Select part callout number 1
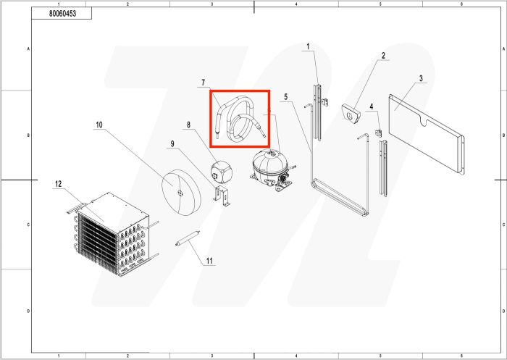pyautogui.click(x=308, y=47)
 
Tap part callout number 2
pyautogui.click(x=383, y=56)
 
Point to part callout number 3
pyautogui.click(x=421, y=78)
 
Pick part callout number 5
pyautogui.click(x=286, y=96)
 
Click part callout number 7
pyautogui.click(x=204, y=83)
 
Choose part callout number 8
pyautogui.click(x=189, y=125)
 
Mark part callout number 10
pyautogui.click(x=99, y=125)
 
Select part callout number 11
pyautogui.click(x=210, y=261)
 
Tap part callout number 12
pyautogui.click(x=59, y=184)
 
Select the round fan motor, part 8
pyautogui.click(x=221, y=171)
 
